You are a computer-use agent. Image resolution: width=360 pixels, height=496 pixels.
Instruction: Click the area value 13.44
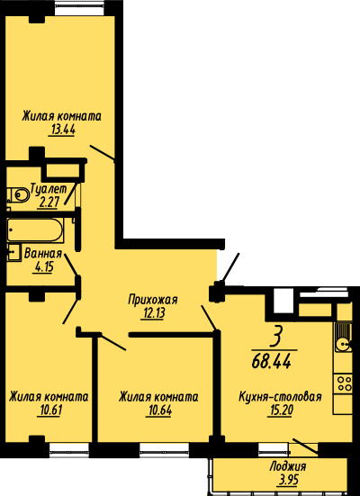tap(62, 131)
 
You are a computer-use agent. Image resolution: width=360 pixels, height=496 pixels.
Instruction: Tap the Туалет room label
tap(49, 189)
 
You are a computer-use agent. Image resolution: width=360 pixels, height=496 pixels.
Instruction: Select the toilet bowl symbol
tap(18, 194)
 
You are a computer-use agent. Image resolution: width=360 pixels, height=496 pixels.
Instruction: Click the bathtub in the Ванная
tap(35, 230)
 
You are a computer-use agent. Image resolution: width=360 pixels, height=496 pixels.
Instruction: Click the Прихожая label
tap(153, 299)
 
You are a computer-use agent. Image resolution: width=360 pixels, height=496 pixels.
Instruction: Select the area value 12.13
tap(154, 313)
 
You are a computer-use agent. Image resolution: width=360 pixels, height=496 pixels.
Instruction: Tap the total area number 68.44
tap(272, 361)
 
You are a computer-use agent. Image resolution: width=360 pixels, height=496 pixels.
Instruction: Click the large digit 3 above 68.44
tap(275, 338)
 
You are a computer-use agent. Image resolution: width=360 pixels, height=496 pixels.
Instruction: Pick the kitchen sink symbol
tap(344, 338)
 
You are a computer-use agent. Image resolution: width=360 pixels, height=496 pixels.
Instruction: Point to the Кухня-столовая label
tap(280, 397)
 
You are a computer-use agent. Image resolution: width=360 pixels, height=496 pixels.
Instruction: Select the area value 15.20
tap(280, 410)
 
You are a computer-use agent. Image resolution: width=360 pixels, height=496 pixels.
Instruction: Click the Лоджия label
tap(288, 466)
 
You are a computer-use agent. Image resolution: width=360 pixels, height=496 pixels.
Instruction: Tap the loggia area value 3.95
tap(288, 481)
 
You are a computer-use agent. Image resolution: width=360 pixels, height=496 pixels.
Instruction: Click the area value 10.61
tap(49, 410)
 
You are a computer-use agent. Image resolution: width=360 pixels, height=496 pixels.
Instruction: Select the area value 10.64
tap(158, 410)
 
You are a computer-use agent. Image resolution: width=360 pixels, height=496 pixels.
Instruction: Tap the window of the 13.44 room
tap(80, 7)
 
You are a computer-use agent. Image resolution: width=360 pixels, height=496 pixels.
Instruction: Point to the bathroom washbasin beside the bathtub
tap(13, 252)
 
